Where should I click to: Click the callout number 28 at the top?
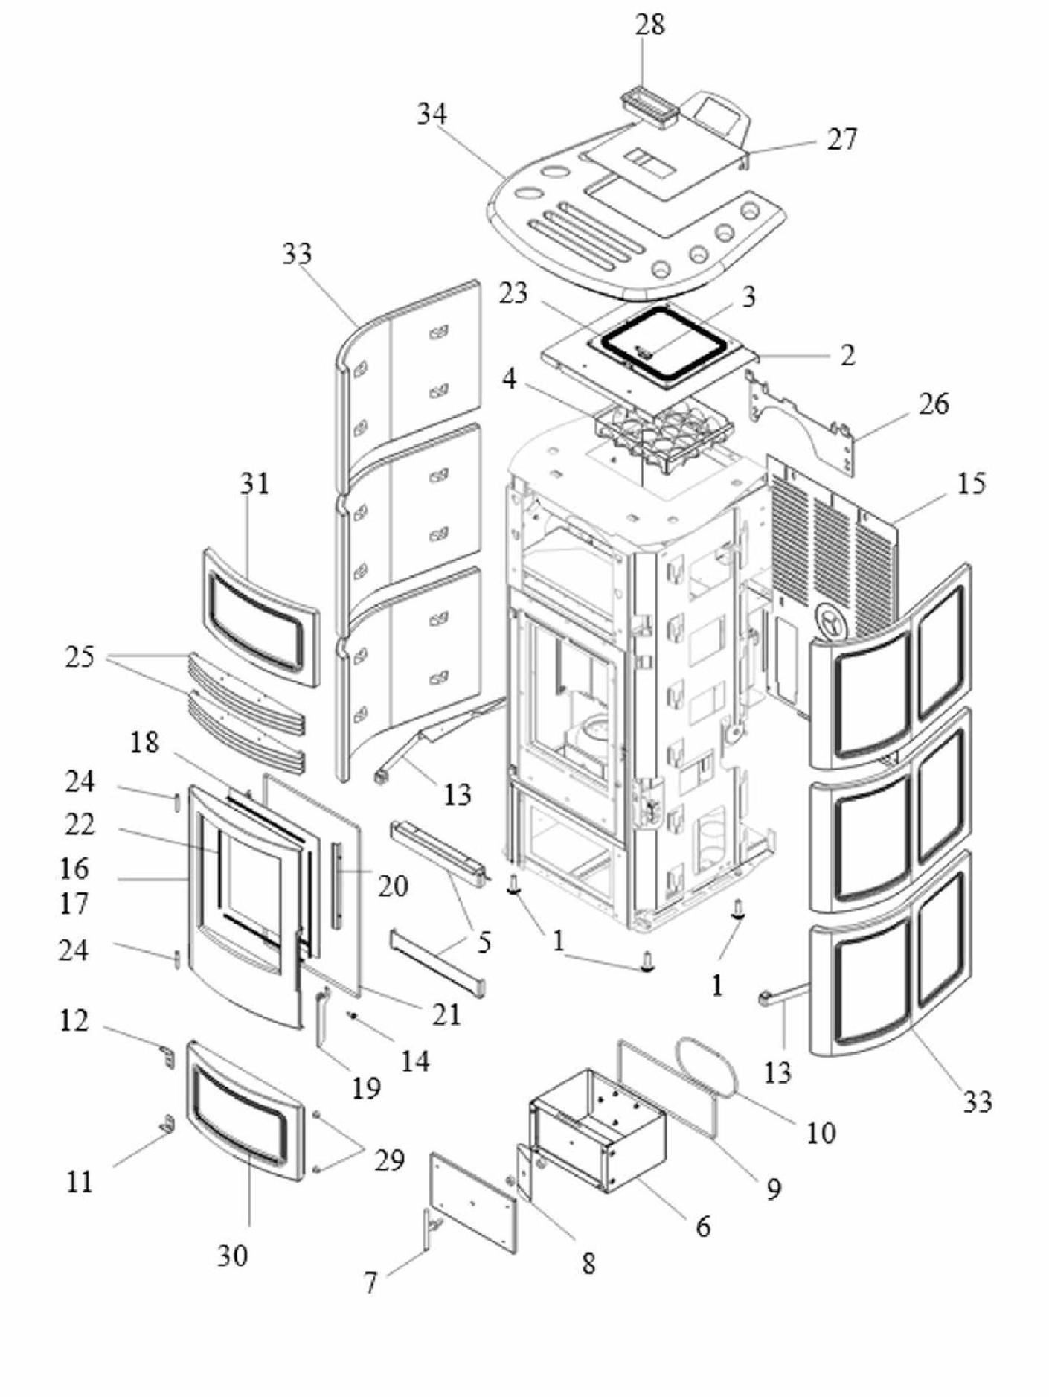click(x=649, y=25)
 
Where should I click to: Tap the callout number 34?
click(x=432, y=115)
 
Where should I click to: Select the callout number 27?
click(x=842, y=139)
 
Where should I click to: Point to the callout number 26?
click(x=934, y=404)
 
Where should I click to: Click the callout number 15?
click(x=971, y=484)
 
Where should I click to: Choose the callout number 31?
click(x=254, y=484)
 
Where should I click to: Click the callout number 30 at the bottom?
click(x=232, y=1256)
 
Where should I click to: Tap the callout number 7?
click(x=370, y=1282)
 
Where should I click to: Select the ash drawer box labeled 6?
click(x=603, y=1131)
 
